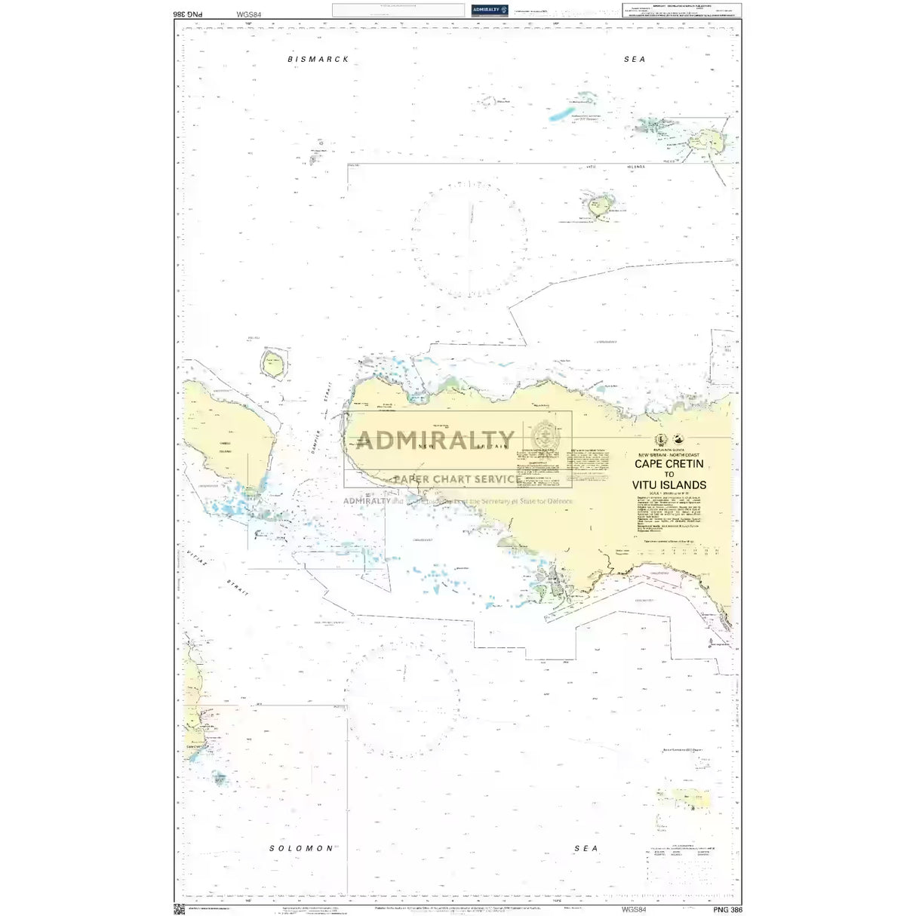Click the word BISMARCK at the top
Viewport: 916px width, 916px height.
(x=318, y=59)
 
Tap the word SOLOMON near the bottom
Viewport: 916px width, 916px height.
(x=301, y=848)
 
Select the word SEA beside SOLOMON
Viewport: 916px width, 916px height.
(x=586, y=848)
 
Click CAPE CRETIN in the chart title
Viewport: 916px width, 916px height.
(x=669, y=464)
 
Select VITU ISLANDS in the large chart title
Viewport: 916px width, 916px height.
(x=669, y=485)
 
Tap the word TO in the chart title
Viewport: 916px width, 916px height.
(x=669, y=475)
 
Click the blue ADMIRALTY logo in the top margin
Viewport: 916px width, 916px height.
(x=488, y=10)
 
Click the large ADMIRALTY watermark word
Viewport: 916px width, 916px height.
(x=435, y=440)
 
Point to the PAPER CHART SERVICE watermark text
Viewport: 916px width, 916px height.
(x=456, y=479)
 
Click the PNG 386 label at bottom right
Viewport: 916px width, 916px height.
(x=727, y=910)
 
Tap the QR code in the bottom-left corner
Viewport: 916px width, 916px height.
(x=179, y=909)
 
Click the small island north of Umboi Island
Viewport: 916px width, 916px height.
(x=273, y=364)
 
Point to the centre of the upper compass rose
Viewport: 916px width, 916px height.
(x=469, y=238)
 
